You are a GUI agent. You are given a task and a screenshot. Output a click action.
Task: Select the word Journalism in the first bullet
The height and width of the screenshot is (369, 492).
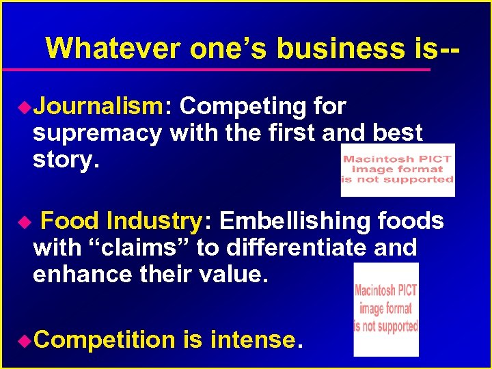pos(98,107)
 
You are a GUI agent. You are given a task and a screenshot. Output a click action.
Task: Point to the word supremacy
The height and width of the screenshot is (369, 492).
pos(97,133)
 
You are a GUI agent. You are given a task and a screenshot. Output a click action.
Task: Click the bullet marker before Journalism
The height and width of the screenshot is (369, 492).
pos(26,107)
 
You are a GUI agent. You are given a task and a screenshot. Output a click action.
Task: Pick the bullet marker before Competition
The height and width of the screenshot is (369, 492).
pos(26,340)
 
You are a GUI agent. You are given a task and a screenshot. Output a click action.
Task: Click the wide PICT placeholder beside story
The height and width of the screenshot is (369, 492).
pos(398,169)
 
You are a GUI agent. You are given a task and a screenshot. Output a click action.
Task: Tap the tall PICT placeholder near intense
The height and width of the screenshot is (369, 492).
pos(386,310)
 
